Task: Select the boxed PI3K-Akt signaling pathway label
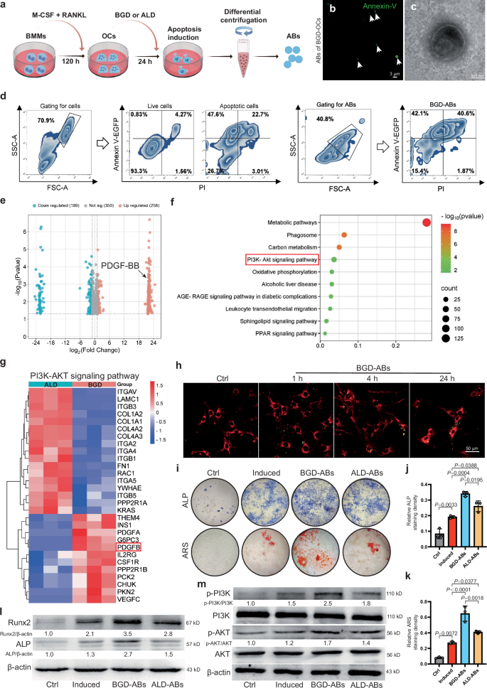click(x=281, y=259)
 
